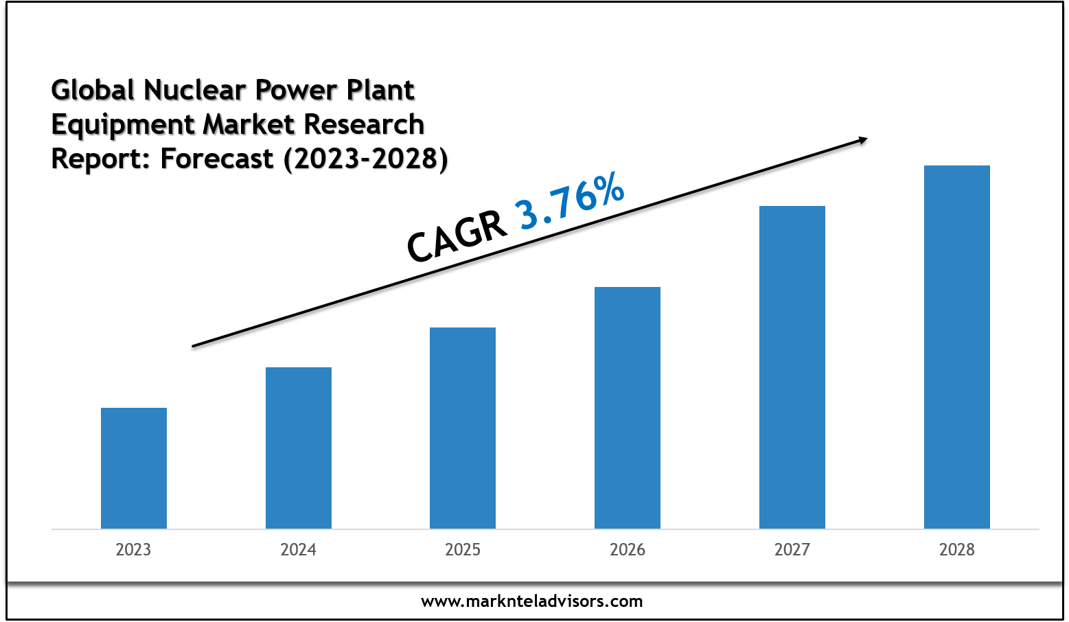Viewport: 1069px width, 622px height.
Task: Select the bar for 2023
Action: point(134,468)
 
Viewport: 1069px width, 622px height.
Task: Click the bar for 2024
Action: point(299,448)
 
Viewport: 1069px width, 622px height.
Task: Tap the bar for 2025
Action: point(463,428)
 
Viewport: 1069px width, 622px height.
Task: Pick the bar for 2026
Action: point(628,407)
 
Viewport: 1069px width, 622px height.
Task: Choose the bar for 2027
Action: point(792,367)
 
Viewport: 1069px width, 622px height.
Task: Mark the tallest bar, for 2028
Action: point(957,347)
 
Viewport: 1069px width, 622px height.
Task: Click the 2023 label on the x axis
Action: point(134,549)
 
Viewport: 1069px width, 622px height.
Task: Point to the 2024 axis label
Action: point(299,549)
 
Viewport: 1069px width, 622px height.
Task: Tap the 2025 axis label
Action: point(463,549)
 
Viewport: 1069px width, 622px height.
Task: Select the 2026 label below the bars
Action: point(628,549)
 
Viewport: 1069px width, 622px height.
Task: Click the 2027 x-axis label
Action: point(792,549)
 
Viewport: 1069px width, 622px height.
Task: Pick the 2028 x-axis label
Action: point(957,549)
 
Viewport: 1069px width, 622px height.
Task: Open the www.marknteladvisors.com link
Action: point(532,601)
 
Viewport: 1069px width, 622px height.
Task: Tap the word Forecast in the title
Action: point(217,159)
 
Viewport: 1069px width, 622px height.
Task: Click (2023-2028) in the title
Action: point(365,159)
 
